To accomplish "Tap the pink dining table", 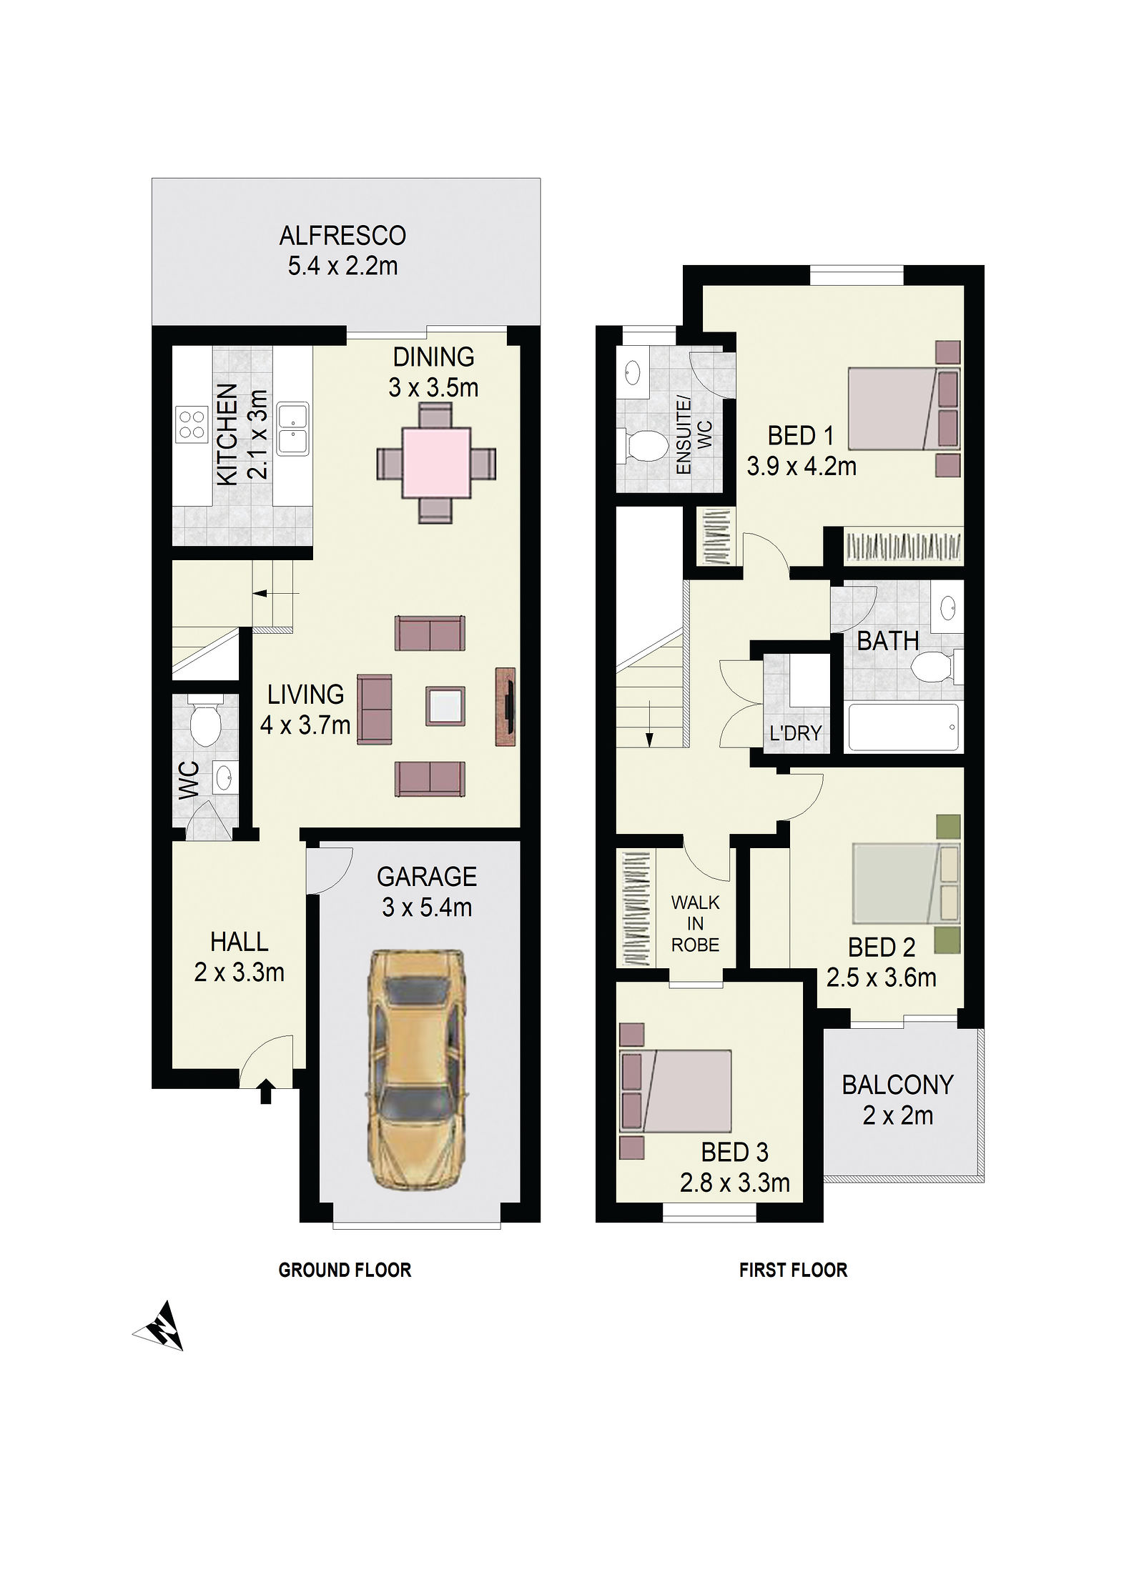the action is click(436, 463).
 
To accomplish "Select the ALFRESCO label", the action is click(342, 235).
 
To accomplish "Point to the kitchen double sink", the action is click(293, 429).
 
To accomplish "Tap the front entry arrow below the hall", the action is click(265, 1093).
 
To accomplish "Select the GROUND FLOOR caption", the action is click(345, 1270).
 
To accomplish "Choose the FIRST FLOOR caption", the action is click(793, 1270).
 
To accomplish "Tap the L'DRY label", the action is click(795, 733).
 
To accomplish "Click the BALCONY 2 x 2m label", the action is click(897, 1100).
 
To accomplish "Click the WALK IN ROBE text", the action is click(695, 924).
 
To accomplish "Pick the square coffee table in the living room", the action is click(445, 706).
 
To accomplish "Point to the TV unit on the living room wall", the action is click(506, 707).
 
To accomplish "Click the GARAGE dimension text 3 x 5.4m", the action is click(427, 907).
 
